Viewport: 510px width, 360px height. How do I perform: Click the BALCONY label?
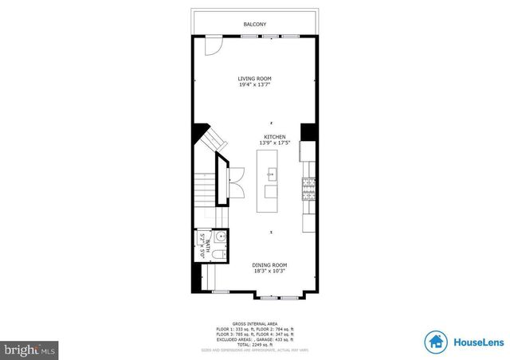coord(255,25)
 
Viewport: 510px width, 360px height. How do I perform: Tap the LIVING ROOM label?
coord(254,77)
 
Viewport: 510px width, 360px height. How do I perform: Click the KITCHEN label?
coord(275,136)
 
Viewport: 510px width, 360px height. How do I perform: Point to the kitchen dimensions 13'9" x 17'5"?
coord(275,143)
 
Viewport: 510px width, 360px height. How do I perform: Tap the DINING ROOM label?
coord(269,264)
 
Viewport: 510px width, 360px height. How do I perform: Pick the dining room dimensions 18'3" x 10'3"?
coord(269,271)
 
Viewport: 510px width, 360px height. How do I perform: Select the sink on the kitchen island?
coord(272,173)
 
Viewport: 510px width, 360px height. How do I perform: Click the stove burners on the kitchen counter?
coord(308,188)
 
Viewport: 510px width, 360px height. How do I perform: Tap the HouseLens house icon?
coord(435,342)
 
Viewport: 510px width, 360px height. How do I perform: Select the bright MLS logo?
coord(29,349)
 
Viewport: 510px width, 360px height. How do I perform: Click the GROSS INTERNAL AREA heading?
coord(255,324)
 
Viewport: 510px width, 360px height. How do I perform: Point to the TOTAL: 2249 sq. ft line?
coord(255,343)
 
